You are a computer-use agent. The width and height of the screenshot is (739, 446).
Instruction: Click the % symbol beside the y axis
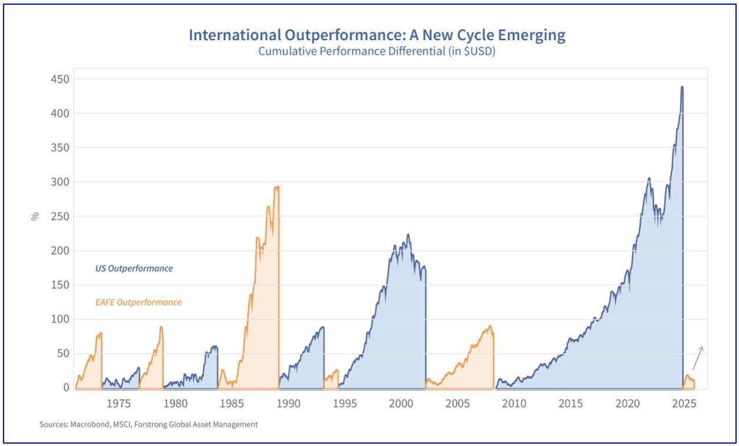pyautogui.click(x=35, y=216)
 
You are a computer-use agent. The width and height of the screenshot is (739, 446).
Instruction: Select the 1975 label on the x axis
pyautogui.click(x=118, y=404)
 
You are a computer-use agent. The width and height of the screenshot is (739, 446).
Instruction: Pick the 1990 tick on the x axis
pyautogui.click(x=288, y=404)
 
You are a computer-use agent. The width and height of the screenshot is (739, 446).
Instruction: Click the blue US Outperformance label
pyautogui.click(x=134, y=269)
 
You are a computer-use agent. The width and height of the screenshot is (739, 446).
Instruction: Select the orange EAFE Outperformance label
pyautogui.click(x=138, y=303)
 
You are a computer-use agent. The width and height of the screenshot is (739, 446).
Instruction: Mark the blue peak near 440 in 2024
pyautogui.click(x=682, y=87)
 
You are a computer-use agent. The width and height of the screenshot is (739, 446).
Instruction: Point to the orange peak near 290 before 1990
pyautogui.click(x=276, y=187)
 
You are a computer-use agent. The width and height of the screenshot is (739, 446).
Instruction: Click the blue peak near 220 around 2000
pyautogui.click(x=408, y=235)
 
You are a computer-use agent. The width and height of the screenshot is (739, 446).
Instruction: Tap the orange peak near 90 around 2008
pyautogui.click(x=490, y=326)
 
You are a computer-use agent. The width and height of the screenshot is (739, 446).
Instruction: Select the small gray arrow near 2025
pyautogui.click(x=697, y=358)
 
